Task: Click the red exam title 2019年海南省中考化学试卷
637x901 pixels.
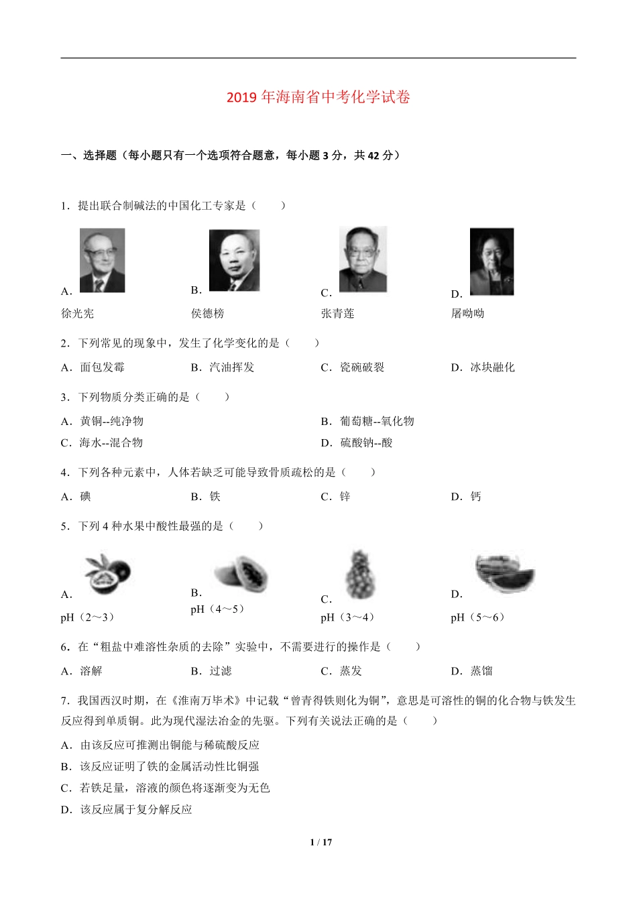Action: click(318, 97)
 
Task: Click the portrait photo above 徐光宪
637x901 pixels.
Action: click(102, 260)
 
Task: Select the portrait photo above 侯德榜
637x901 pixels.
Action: click(234, 260)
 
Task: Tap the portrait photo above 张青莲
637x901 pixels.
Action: click(363, 259)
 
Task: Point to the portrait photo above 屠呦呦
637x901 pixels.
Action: click(491, 261)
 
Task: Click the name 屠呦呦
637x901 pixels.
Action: click(467, 313)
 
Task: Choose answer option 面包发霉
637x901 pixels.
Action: click(102, 367)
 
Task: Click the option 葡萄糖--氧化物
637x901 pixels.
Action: click(377, 421)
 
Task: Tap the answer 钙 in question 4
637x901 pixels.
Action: click(475, 497)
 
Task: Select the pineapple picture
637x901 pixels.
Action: click(360, 575)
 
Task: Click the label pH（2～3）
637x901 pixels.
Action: click(87, 617)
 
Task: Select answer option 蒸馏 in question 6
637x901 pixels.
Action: click(481, 671)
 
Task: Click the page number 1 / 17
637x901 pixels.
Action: click(321, 843)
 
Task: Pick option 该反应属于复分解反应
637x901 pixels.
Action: click(136, 809)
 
